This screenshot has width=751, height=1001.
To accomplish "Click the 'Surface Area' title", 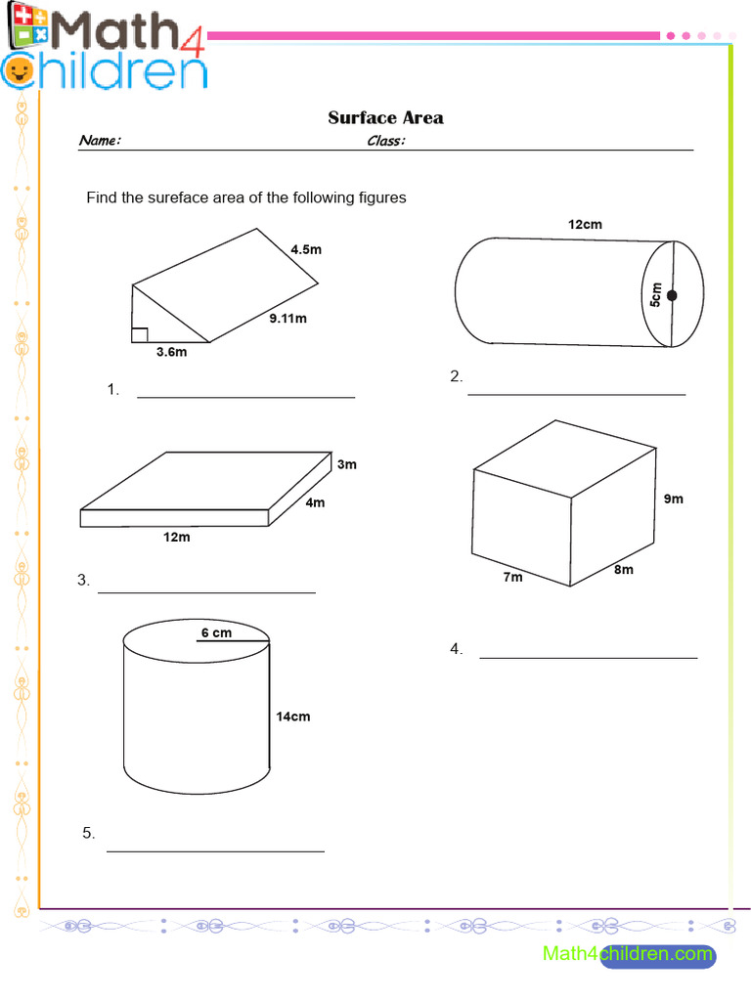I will point(385,118).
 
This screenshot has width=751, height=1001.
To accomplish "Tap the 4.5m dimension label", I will point(305,249).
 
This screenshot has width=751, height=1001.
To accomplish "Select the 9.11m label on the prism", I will point(287,318).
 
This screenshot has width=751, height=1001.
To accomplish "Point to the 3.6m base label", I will point(171,353).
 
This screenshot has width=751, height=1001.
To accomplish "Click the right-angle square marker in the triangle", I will point(139,335).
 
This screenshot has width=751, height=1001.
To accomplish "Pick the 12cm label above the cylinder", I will point(585,224).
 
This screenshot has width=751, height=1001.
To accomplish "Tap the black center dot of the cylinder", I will point(672,294).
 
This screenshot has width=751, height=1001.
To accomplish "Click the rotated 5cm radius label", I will point(656,294).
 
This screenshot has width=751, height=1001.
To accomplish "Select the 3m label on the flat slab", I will point(346,464).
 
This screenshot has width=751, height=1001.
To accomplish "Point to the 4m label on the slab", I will point(314,502).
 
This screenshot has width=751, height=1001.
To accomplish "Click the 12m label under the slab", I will point(176,537).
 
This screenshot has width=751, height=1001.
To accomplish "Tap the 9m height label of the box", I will point(673,499).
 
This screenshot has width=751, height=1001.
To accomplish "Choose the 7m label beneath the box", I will point(512,577).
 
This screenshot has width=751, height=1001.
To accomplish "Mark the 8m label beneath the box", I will point(623,570).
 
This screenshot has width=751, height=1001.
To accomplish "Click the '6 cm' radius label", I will point(216,632).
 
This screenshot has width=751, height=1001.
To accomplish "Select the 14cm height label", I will point(292,717).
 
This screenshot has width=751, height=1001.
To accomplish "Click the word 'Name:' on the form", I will point(100,141).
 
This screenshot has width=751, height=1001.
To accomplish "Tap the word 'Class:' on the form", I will point(386,141).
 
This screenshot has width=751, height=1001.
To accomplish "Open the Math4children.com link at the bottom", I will point(628,953).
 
